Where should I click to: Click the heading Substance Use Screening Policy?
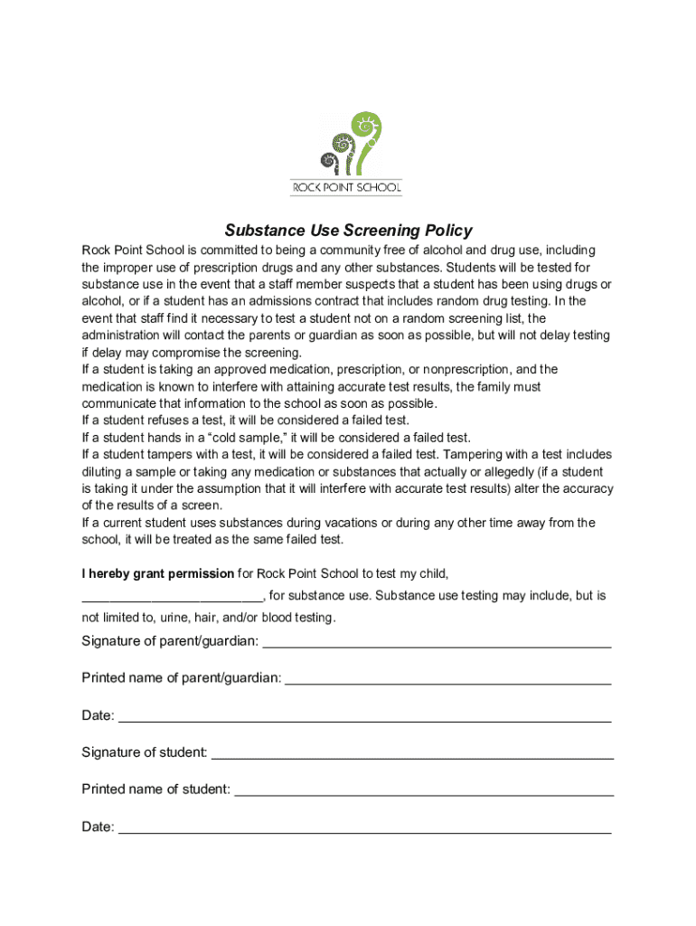point(348,231)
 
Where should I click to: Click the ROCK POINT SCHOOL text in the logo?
point(346,189)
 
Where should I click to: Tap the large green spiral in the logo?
point(368,132)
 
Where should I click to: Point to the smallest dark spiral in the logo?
point(330,163)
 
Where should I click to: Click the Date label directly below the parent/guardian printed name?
point(98,715)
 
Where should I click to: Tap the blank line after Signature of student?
point(412,755)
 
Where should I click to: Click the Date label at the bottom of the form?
point(98,827)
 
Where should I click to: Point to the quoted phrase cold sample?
point(246,438)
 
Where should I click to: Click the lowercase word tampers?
point(172,455)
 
